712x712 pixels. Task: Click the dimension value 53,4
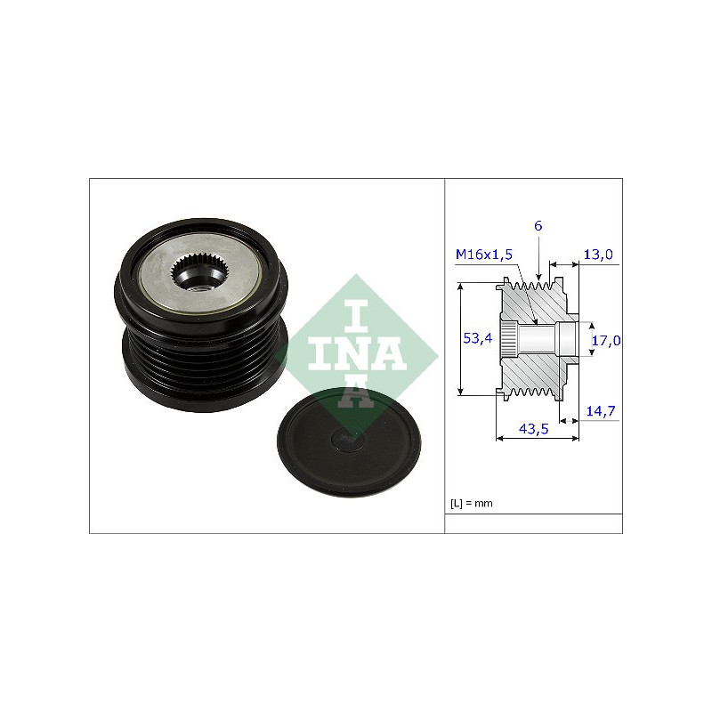pos(477,338)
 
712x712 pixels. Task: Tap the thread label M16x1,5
pos(484,255)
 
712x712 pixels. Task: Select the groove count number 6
pos(538,226)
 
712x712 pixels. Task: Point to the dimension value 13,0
pos(598,255)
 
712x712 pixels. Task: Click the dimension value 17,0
pos(606,340)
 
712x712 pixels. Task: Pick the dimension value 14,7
pos(600,411)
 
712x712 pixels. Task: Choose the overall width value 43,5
pos(533,429)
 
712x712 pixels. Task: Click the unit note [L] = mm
pos(472,503)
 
